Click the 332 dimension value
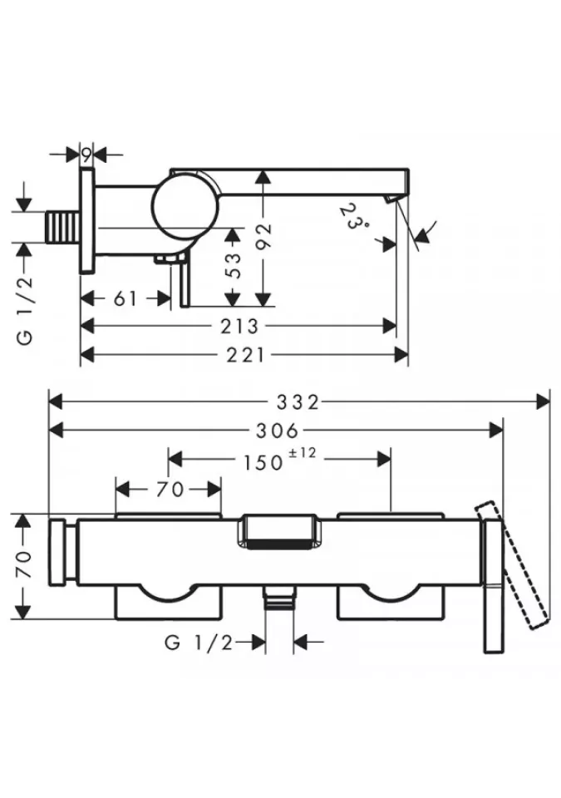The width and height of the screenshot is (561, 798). [300, 402]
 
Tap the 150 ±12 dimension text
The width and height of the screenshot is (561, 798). [272, 461]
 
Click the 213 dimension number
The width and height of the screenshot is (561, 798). [240, 327]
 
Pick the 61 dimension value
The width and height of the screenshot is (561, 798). [125, 298]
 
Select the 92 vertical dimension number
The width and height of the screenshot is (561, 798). [264, 238]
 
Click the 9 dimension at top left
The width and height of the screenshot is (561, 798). [86, 153]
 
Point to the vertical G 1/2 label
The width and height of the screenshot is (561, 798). [26, 301]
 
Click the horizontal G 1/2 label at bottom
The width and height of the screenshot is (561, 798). [199, 642]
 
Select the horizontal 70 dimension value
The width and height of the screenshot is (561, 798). [169, 490]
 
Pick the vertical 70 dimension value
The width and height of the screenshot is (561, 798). [24, 565]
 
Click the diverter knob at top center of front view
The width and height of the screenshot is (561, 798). [279, 533]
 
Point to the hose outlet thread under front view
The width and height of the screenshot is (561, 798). [279, 599]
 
